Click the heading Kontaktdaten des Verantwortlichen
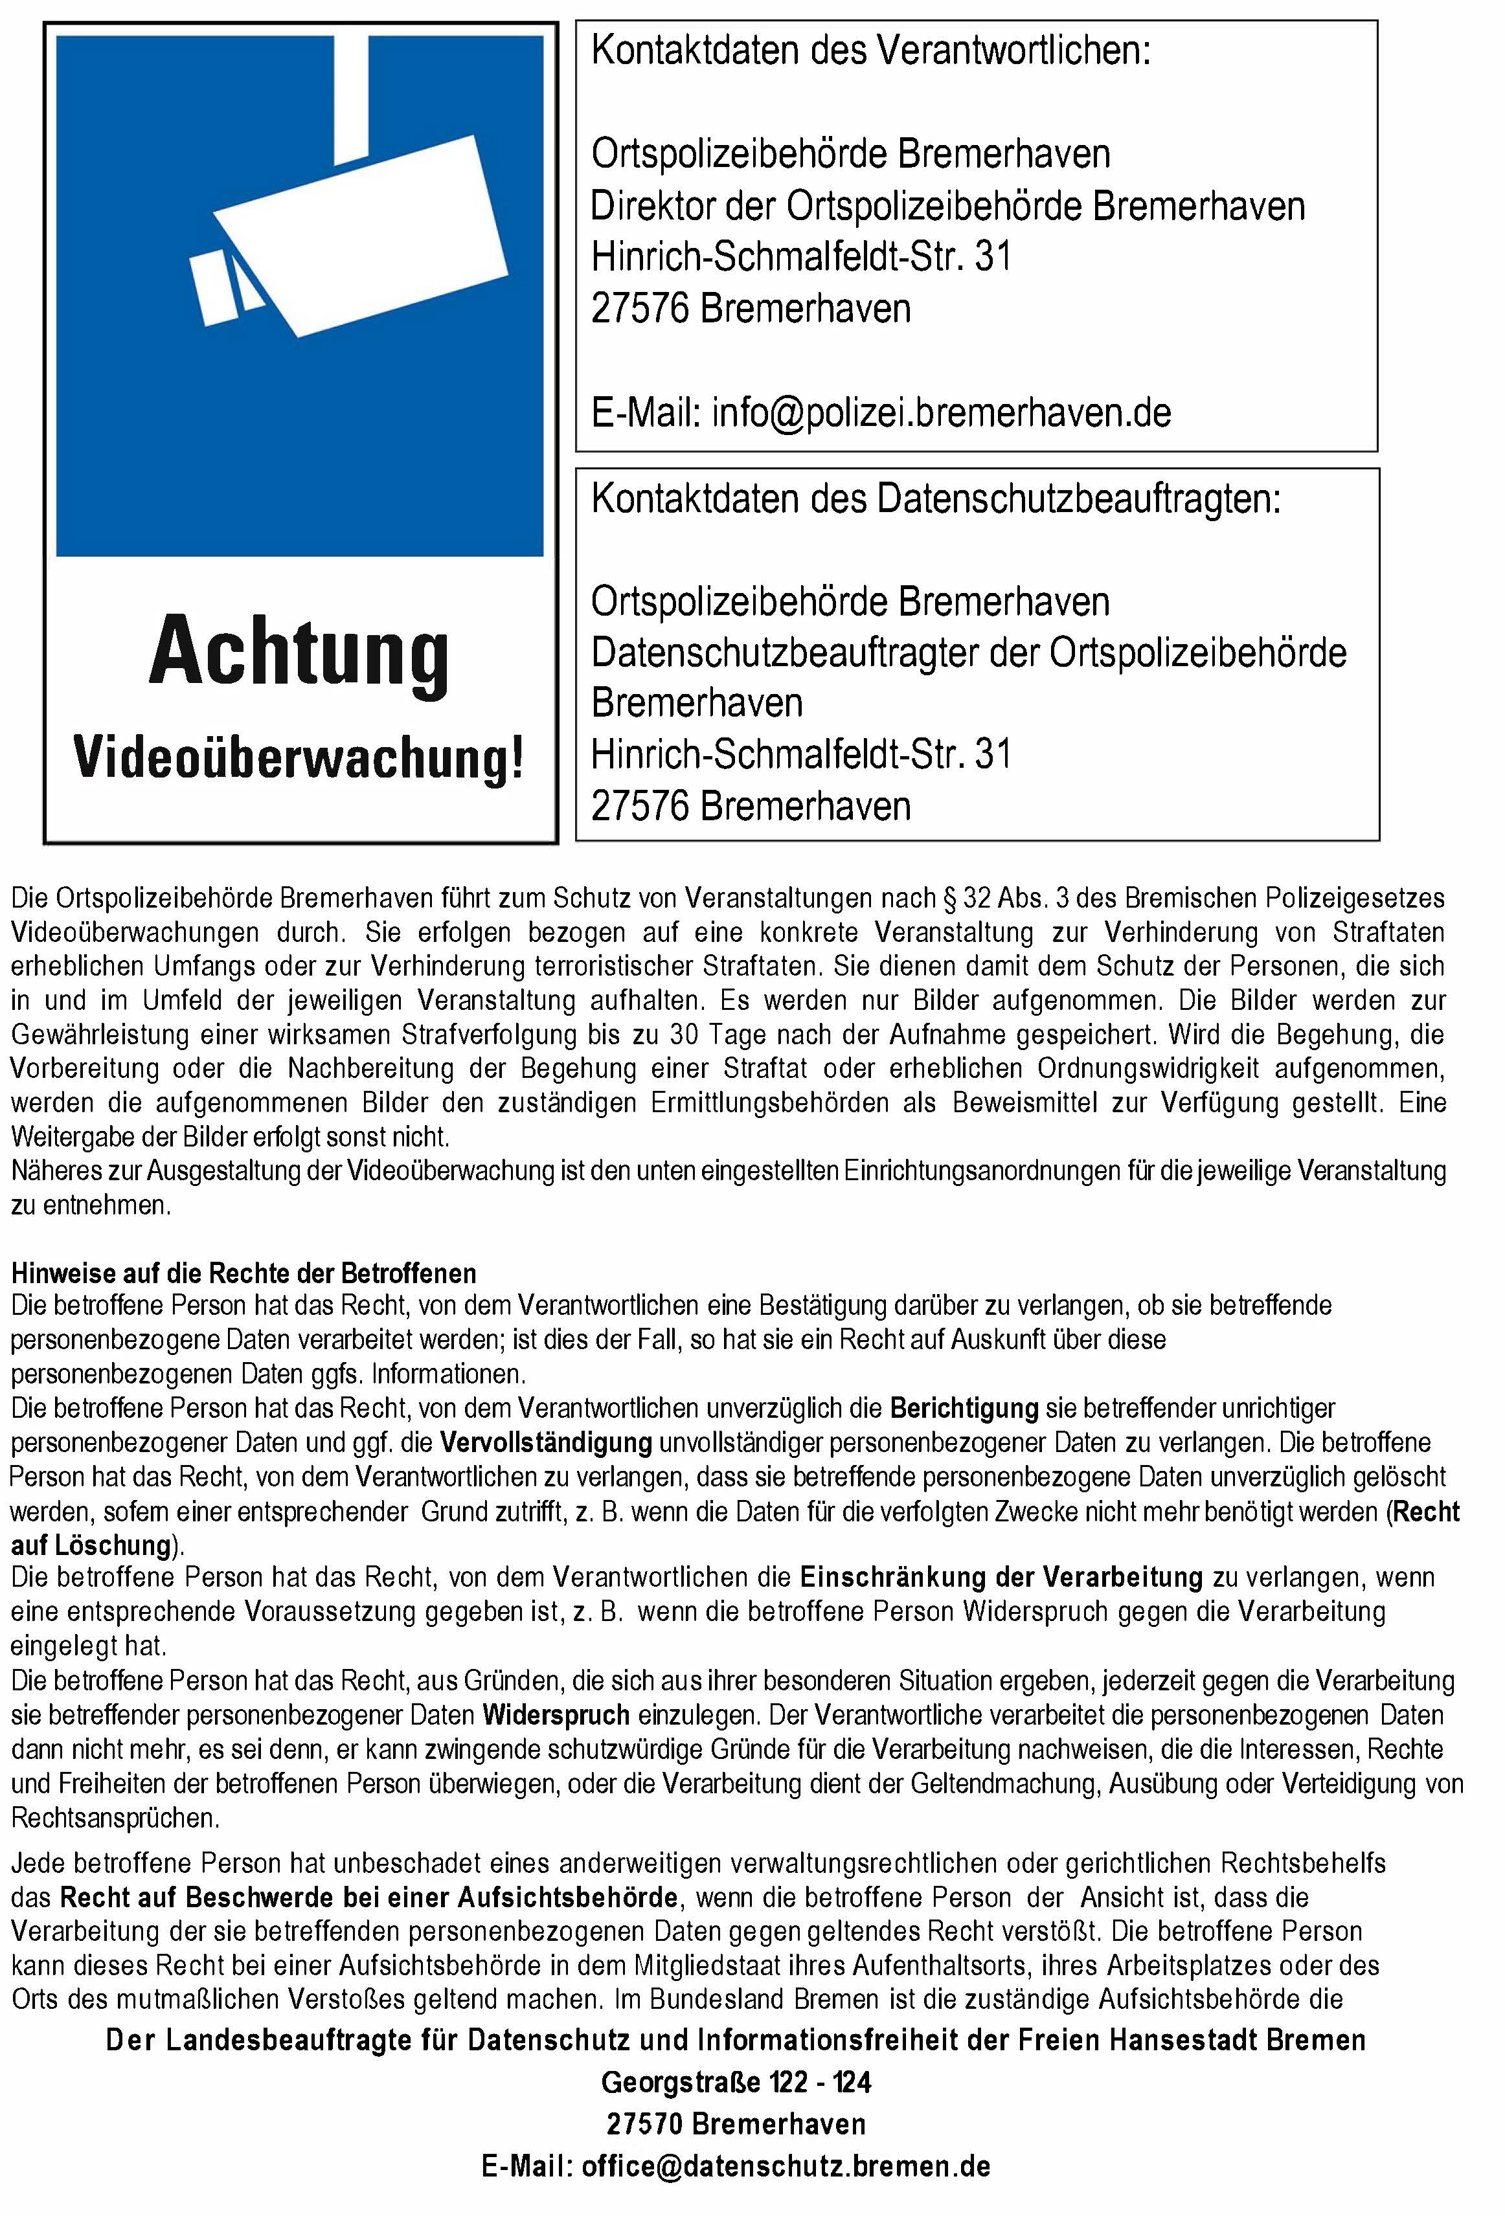click(871, 50)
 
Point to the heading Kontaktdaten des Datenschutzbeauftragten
click(936, 498)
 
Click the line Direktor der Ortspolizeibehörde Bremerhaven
click(947, 206)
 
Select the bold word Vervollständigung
click(545, 1442)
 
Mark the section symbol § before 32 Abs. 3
click(949, 898)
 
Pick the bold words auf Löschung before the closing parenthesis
click(91, 1545)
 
